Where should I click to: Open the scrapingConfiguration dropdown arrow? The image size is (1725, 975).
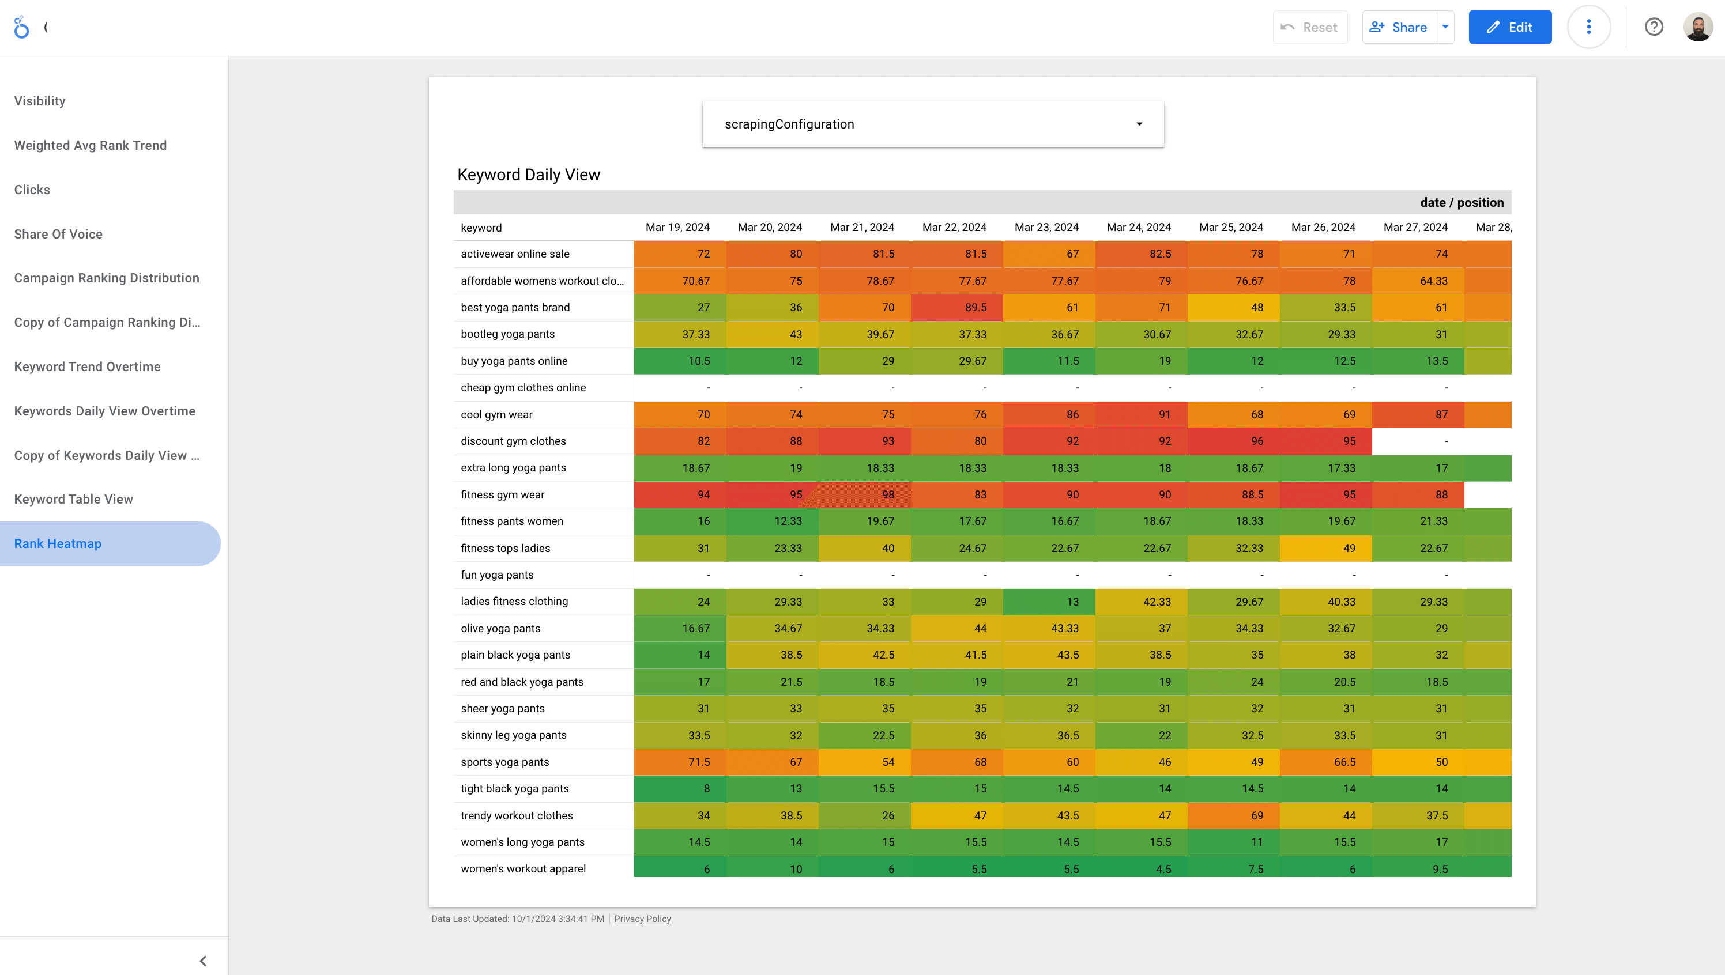pos(1139,124)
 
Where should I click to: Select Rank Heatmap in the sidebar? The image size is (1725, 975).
pos(58,544)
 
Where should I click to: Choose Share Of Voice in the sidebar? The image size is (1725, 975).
pos(58,235)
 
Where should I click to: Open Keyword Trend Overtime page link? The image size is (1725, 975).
pos(87,367)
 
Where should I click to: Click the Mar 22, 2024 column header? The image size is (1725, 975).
pos(954,228)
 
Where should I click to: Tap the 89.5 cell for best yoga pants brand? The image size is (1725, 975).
pos(956,307)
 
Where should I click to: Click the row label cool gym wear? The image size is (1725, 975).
pos(496,414)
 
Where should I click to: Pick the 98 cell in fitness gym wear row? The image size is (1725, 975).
pos(864,495)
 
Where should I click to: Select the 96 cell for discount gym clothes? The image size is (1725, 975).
pos(1233,441)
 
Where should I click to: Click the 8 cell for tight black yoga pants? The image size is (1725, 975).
pos(679,789)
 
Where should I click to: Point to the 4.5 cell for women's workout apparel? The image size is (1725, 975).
pos(1141,868)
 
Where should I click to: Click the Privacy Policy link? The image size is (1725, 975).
pos(642,919)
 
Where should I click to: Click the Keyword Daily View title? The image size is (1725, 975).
pos(529,175)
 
